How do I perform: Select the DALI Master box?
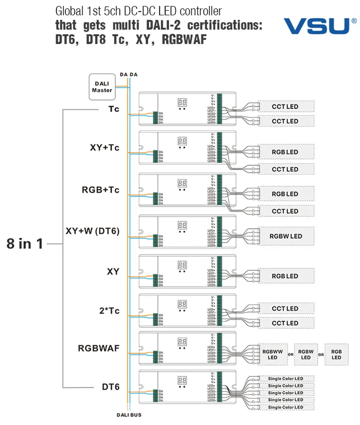click(x=102, y=85)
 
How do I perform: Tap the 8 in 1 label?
click(x=24, y=244)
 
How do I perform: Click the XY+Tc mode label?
click(x=104, y=148)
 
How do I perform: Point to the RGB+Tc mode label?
click(x=101, y=190)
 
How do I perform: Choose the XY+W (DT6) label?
click(x=93, y=232)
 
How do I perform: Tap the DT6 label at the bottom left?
click(x=110, y=387)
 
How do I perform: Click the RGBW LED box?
click(x=285, y=236)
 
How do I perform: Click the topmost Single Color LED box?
click(x=285, y=379)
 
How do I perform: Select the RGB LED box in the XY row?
click(x=285, y=276)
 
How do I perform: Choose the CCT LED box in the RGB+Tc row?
click(x=285, y=211)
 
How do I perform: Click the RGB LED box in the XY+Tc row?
click(x=285, y=152)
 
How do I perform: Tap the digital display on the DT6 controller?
click(x=182, y=380)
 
